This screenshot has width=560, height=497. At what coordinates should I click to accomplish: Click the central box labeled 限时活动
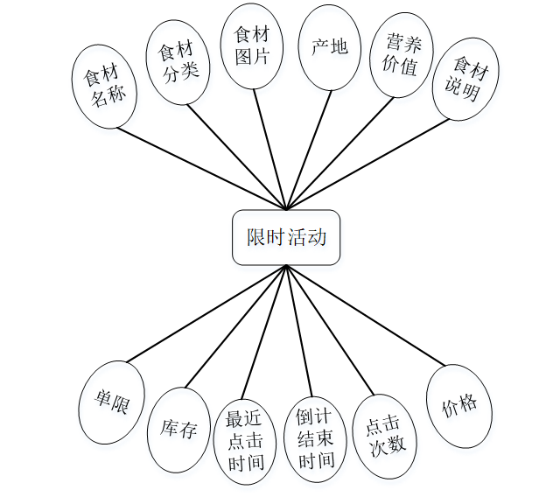coord(286,237)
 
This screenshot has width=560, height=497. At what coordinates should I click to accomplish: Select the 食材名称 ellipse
coord(105,85)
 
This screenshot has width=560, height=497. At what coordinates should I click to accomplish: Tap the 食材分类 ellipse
coord(178,62)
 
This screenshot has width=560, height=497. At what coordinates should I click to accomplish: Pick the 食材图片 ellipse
coord(252,46)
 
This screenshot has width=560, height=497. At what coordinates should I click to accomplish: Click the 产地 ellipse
coord(329,47)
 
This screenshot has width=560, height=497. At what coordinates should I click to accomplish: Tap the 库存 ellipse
coord(179,430)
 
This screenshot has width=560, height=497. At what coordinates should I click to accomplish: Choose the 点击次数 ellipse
coord(386,434)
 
